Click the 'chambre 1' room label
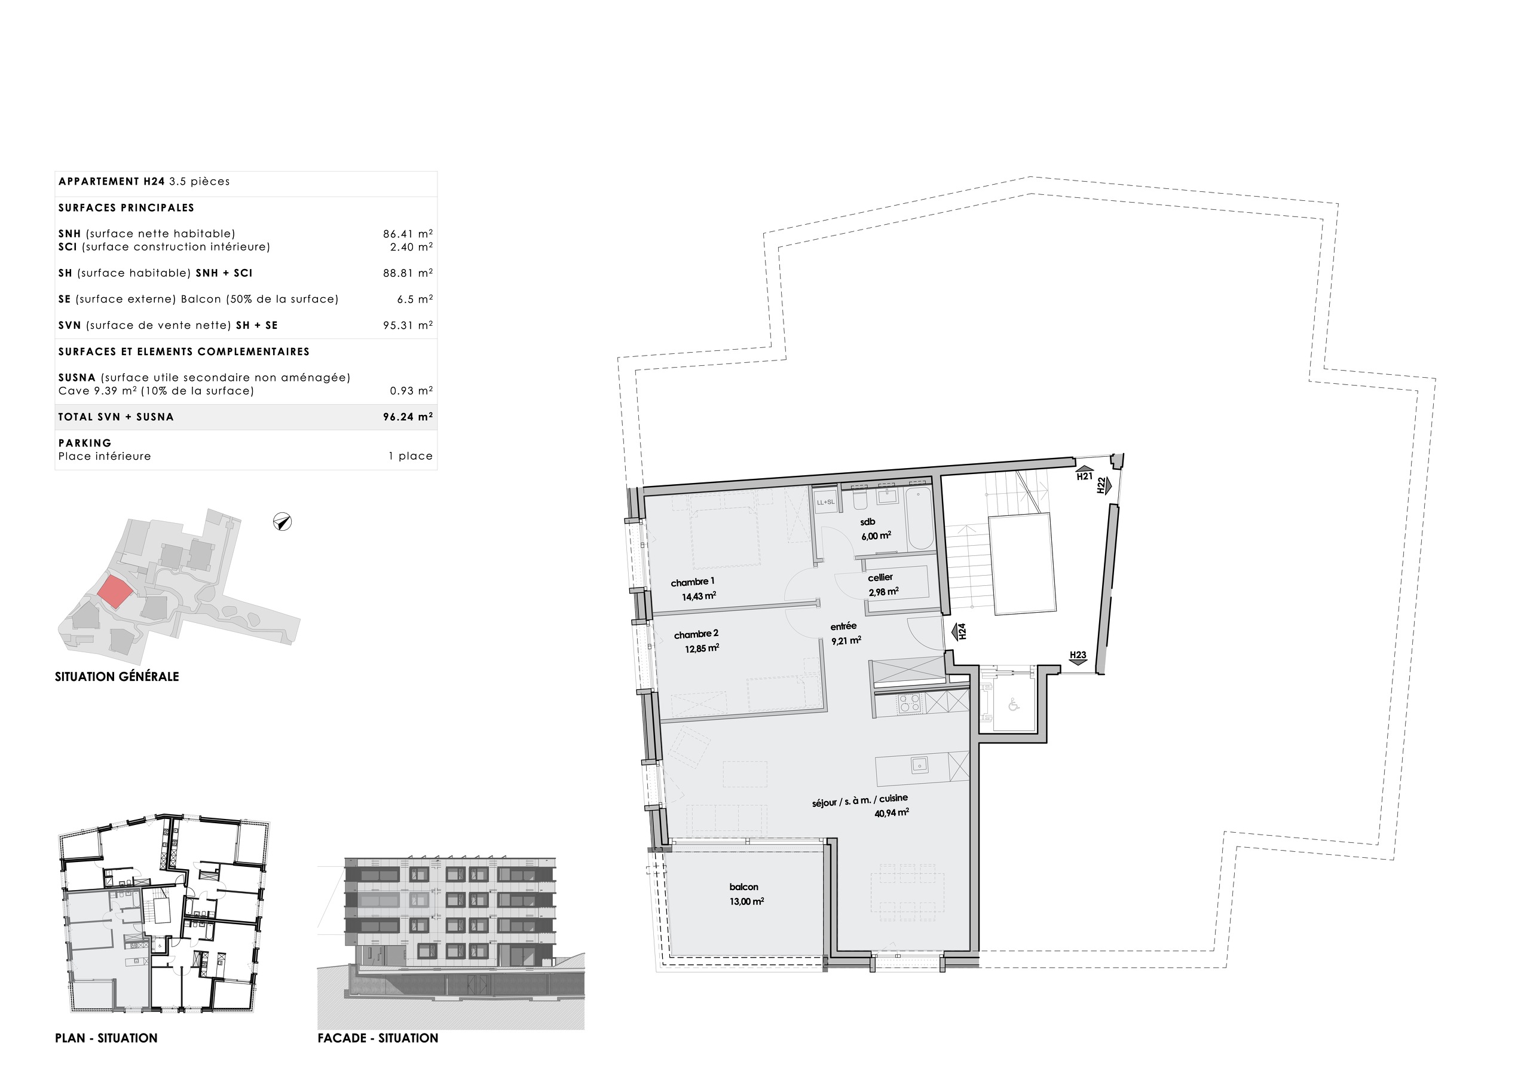coord(692,582)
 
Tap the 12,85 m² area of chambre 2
coord(702,648)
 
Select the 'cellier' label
coord(880,577)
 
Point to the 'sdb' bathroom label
coord(867,522)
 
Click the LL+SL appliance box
coord(825,502)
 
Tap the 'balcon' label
coord(743,887)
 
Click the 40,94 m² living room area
coord(892,812)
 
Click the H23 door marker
coord(1078,656)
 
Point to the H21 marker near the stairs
coord(1084,474)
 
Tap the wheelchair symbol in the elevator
coord(1014,704)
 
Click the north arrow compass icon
coord(283,522)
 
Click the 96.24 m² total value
coord(407,417)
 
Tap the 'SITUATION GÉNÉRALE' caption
coord(117,677)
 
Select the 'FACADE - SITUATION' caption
coord(378,1038)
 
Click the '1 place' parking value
coord(411,456)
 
